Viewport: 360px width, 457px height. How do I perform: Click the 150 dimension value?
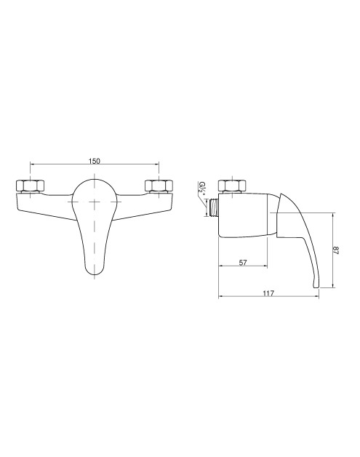[x=95, y=161]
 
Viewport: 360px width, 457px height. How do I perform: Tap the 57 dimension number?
[x=243, y=262]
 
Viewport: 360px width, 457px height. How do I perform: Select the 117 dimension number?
[x=268, y=293]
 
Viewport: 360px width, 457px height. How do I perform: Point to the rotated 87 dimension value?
[x=336, y=250]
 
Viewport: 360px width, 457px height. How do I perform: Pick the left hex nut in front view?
[x=31, y=186]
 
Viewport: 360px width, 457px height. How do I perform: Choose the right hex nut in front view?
[x=159, y=186]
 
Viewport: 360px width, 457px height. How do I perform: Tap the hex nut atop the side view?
[x=232, y=186]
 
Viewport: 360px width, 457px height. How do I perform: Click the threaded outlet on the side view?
[x=214, y=207]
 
